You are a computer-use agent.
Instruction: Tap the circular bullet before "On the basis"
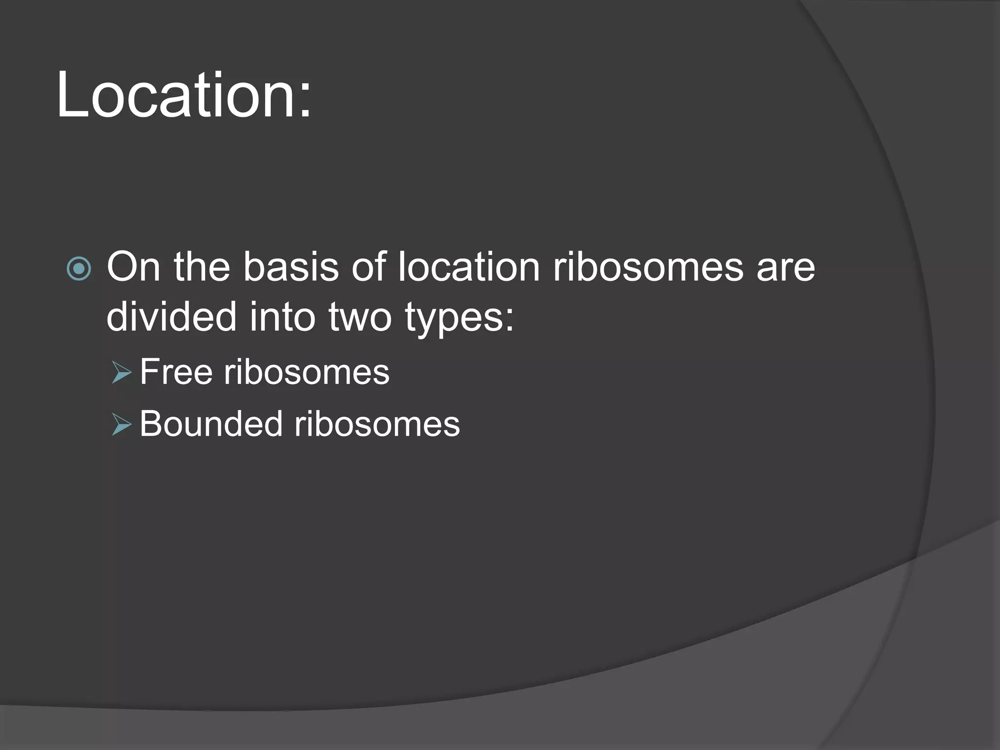pos(79,269)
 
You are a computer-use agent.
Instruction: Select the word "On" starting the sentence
pos(133,267)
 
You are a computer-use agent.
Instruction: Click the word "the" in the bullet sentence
pos(202,267)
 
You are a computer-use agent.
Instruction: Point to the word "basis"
pos(291,267)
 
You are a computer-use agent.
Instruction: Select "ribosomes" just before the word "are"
pos(648,267)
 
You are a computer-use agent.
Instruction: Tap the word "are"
pos(785,268)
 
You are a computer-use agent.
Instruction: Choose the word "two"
pos(360,317)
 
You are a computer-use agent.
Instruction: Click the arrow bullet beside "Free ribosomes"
pos(122,373)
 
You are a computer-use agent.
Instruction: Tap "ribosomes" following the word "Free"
pos(307,372)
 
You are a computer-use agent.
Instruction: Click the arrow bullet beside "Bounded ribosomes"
pos(122,424)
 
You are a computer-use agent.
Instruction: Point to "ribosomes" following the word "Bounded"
pos(377,423)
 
